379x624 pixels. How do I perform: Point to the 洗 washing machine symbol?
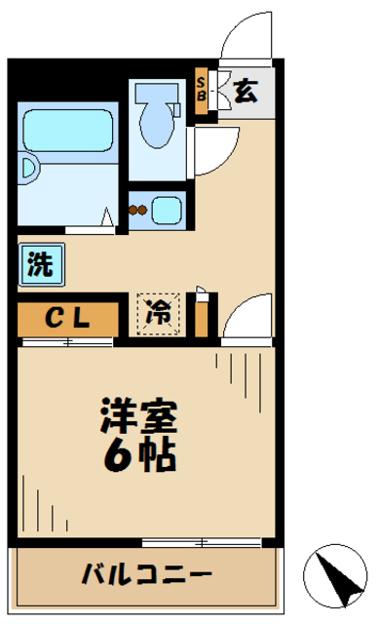pyautogui.click(x=40, y=265)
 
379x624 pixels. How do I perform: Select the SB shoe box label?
pyautogui.click(x=202, y=89)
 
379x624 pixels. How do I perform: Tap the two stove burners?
pyautogui.click(x=139, y=208)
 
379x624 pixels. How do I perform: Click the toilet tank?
pyautogui.click(x=155, y=94)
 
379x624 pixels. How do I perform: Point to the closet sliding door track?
pyautogui.click(x=66, y=341)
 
